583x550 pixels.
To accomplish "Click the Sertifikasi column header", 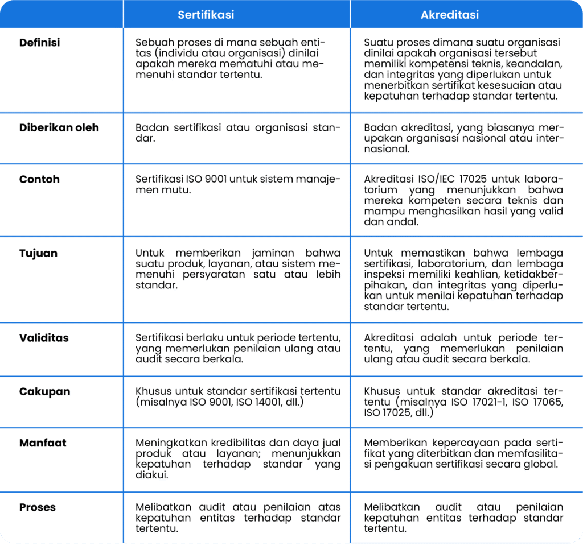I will point(206,15).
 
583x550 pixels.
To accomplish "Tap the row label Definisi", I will point(39,43).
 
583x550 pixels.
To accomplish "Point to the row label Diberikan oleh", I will point(59,127).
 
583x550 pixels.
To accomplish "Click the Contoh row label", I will point(39,179).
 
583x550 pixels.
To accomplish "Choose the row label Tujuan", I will point(38,253).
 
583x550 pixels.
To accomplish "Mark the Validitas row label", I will point(44,338).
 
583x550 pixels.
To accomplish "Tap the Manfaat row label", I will point(43,443).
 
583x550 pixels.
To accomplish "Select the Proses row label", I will point(38,507).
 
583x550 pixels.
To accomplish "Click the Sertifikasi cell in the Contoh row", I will point(237,185).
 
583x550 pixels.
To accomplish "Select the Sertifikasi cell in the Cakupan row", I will point(237,396).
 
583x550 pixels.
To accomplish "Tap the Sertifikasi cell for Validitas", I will point(237,348).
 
